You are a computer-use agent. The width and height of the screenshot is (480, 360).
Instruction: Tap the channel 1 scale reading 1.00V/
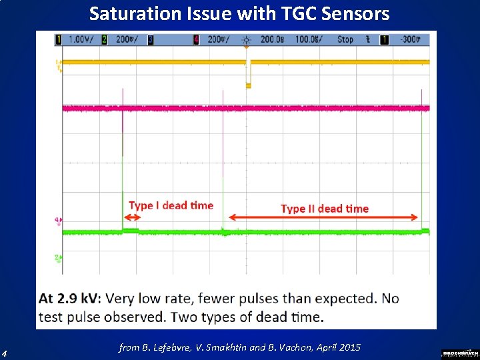(81, 40)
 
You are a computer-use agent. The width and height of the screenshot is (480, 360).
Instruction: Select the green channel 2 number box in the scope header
(105, 40)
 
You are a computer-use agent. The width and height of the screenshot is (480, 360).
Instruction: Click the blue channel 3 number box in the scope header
(151, 40)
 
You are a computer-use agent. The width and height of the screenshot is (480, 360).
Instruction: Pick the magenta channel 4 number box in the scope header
(196, 40)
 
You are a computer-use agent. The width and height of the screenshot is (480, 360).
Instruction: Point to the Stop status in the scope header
(345, 40)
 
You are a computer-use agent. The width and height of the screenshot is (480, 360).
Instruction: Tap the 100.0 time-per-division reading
(306, 40)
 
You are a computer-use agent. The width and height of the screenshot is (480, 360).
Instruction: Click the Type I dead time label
(171, 205)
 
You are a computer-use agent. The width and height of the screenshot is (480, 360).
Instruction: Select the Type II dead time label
(325, 209)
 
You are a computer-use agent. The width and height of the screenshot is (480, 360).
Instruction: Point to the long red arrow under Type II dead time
(325, 217)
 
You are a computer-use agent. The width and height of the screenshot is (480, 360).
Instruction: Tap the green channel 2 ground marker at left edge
(59, 257)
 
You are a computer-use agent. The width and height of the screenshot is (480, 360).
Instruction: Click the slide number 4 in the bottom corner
(5, 353)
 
